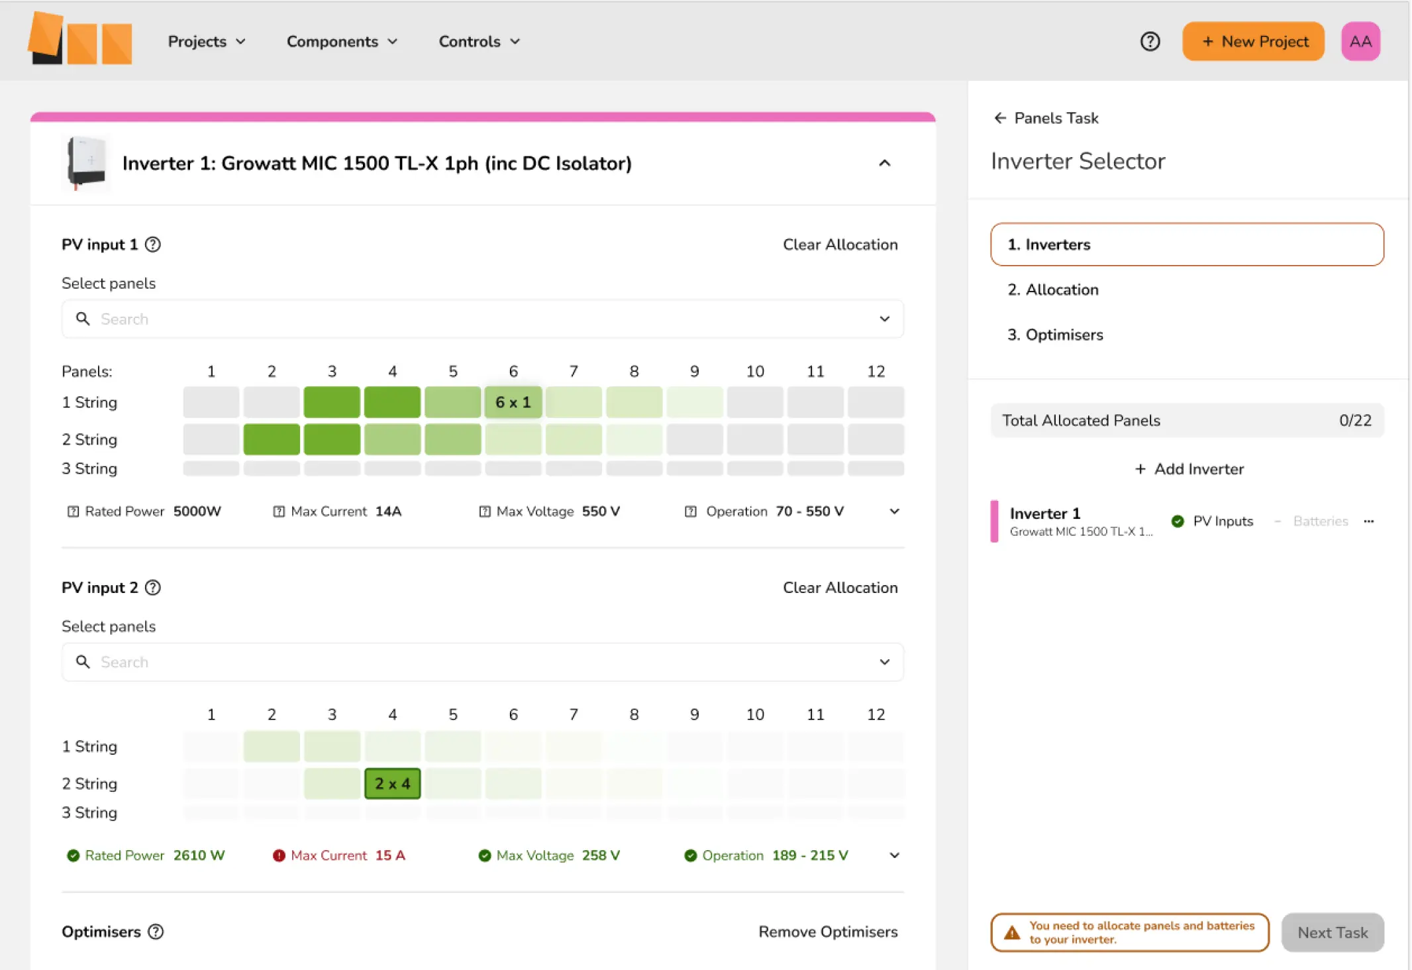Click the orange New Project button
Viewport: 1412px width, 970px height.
[1253, 41]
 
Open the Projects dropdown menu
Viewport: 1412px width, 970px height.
[207, 41]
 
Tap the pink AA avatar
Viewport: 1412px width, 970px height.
[1360, 41]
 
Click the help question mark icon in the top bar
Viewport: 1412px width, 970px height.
[1150, 41]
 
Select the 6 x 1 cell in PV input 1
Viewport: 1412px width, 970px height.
[513, 402]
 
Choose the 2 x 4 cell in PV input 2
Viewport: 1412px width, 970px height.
[393, 784]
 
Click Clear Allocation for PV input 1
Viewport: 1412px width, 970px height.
[840, 244]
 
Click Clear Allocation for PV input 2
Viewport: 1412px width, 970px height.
[840, 588]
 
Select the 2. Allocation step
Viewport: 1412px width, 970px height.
[1053, 290]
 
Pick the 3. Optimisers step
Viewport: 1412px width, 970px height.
[1055, 335]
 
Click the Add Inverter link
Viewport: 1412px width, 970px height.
[1189, 469]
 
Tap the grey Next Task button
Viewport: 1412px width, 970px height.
[1333, 932]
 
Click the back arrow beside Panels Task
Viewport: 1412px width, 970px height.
[1000, 118]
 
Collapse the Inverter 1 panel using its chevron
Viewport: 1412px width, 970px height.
[884, 163]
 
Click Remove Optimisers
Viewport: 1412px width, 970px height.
[828, 932]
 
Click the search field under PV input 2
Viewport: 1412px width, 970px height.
[483, 662]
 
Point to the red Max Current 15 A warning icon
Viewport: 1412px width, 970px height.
[279, 855]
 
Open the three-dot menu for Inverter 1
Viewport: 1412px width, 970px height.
[1369, 521]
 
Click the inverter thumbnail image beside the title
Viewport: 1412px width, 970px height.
[87, 163]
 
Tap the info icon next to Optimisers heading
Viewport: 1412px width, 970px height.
[156, 932]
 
